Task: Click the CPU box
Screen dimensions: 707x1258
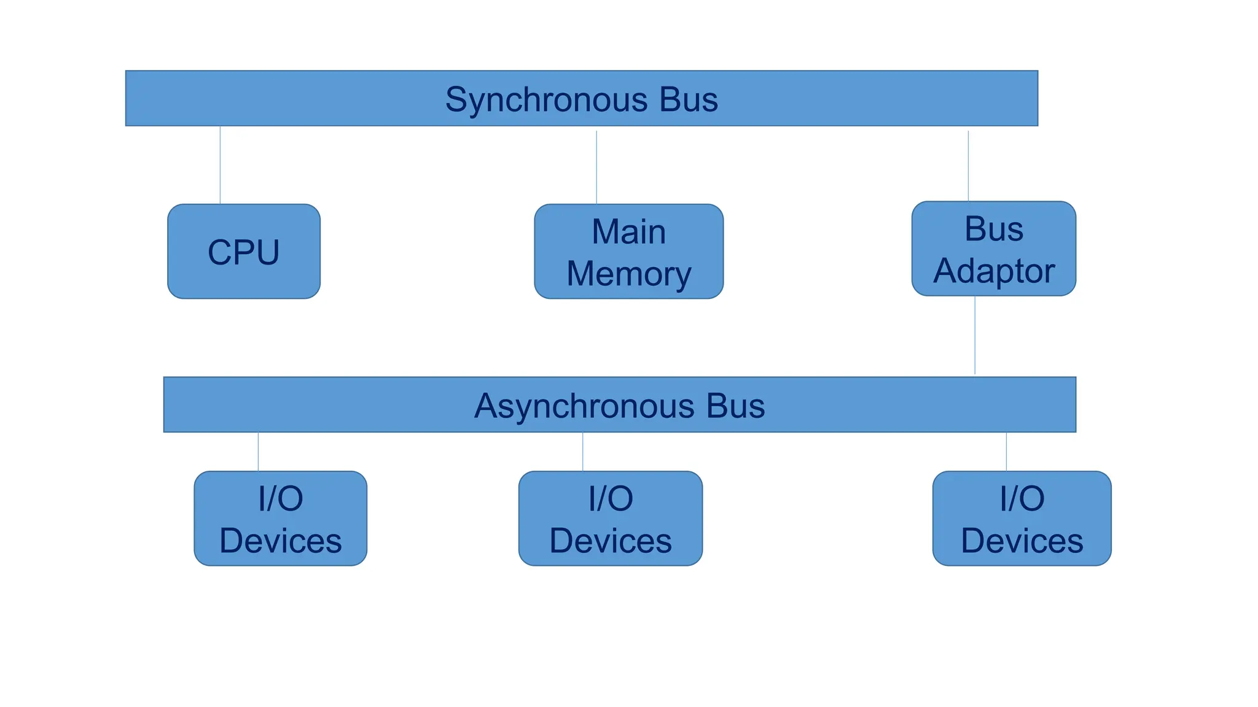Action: [243, 252]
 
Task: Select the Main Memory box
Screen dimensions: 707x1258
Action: [628, 252]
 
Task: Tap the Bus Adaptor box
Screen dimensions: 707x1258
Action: [993, 249]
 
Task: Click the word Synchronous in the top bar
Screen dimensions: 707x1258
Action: [546, 99]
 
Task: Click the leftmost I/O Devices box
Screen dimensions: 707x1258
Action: [280, 519]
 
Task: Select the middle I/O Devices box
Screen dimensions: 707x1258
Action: [610, 519]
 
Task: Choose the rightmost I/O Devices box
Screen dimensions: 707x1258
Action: [1022, 519]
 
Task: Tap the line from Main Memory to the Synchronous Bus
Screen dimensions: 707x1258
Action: [596, 167]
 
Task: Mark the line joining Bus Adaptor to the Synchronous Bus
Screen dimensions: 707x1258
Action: [968, 166]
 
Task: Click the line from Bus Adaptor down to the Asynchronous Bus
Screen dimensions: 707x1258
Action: [975, 335]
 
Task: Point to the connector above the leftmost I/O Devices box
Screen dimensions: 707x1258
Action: [258, 452]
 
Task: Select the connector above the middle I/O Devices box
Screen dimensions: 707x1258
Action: [582, 452]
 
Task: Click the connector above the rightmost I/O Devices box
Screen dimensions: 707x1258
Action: [1006, 452]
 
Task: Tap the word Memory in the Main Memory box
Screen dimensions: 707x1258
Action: [628, 274]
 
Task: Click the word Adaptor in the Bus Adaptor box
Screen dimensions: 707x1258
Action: [993, 271]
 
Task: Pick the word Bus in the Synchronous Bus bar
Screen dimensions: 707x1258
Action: [688, 99]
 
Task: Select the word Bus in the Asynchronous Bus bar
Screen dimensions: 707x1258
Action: [735, 406]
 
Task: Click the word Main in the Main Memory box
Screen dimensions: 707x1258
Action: [628, 232]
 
